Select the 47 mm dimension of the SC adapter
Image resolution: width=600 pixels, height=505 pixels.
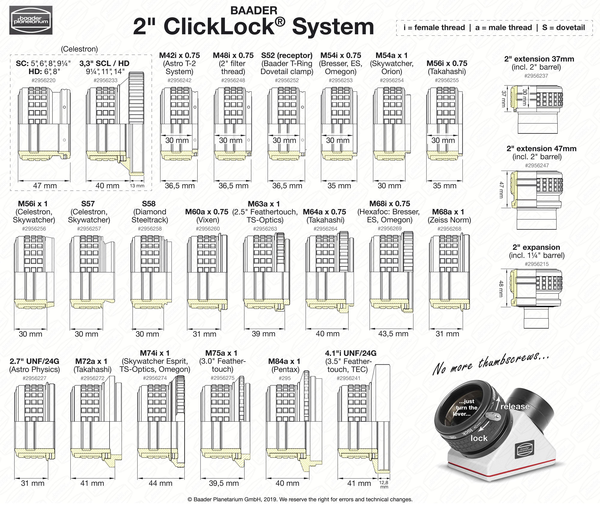[45, 185]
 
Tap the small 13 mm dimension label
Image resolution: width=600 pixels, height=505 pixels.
[137, 186]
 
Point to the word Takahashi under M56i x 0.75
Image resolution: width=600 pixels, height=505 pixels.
[447, 72]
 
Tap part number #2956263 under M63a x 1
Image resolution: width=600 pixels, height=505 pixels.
[265, 229]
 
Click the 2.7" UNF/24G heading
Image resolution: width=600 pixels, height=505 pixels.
[34, 361]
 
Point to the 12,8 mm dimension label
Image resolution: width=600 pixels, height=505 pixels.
[384, 484]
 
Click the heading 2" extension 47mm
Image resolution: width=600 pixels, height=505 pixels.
[537, 149]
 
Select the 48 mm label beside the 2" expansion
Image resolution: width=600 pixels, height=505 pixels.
[501, 289]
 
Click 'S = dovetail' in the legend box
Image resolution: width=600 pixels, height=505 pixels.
[563, 28]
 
